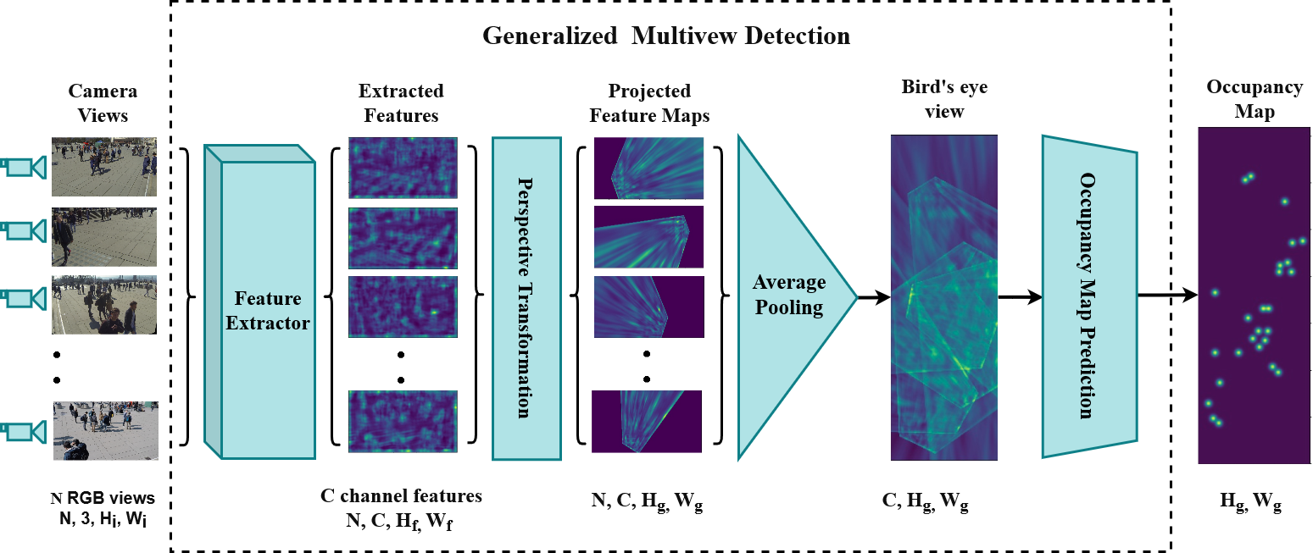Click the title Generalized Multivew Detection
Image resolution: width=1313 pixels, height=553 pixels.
coord(665,36)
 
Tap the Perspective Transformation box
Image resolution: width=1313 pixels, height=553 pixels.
coord(526,298)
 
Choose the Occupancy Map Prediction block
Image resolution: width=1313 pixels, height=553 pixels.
coord(1088,296)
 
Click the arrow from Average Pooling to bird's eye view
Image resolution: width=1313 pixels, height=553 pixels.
coord(874,296)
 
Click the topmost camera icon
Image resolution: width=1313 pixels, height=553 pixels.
coord(23,168)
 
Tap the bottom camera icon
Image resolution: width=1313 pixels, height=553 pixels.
coord(23,432)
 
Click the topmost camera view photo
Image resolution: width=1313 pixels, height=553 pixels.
coord(104,167)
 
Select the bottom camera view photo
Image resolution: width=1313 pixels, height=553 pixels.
coord(104,430)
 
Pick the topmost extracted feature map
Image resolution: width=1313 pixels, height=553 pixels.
coord(403,169)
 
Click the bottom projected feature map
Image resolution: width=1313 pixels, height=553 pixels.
coord(648,421)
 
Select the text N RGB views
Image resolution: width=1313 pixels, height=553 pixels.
coord(103,497)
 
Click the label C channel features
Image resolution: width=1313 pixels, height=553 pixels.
coord(401,496)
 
